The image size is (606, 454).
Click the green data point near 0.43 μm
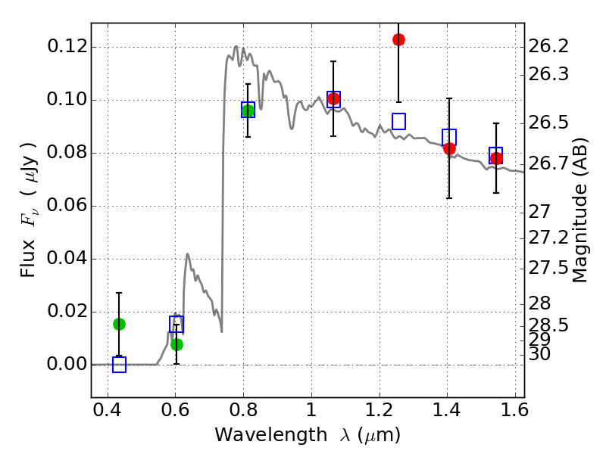pyautogui.click(x=119, y=324)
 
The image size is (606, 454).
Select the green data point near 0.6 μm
pyautogui.click(x=176, y=344)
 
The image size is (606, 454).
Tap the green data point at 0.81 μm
pyautogui.click(x=248, y=111)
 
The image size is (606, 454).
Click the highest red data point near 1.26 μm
pyautogui.click(x=398, y=39)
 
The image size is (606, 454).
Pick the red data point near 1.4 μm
pyautogui.click(x=449, y=148)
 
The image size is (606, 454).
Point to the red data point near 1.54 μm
pyautogui.click(x=496, y=158)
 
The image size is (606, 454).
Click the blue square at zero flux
pyautogui.click(x=119, y=365)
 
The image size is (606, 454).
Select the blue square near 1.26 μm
pyautogui.click(x=398, y=121)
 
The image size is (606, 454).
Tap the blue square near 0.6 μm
pyautogui.click(x=176, y=324)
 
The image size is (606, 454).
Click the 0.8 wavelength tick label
pyautogui.click(x=243, y=413)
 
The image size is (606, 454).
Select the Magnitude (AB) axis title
pyautogui.click(x=580, y=210)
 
